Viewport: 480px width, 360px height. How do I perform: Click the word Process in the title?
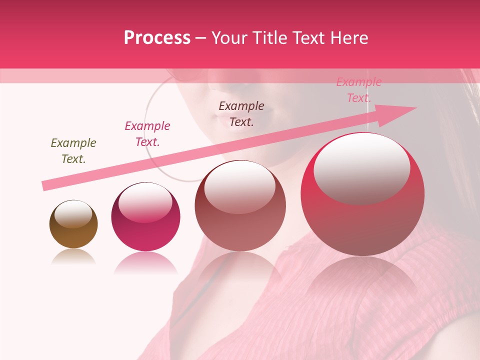coord(157,38)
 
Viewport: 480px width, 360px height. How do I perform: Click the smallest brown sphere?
coord(73,224)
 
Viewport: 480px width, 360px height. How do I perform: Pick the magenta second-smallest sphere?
coord(145,217)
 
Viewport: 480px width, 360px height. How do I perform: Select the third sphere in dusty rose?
coord(240,206)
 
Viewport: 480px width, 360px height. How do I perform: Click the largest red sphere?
coord(362,195)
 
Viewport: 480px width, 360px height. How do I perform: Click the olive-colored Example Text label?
coord(73,150)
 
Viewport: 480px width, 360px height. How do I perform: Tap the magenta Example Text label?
coord(147,133)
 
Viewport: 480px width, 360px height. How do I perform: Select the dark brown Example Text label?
coord(241,113)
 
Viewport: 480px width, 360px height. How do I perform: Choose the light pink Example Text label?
coord(358,90)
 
